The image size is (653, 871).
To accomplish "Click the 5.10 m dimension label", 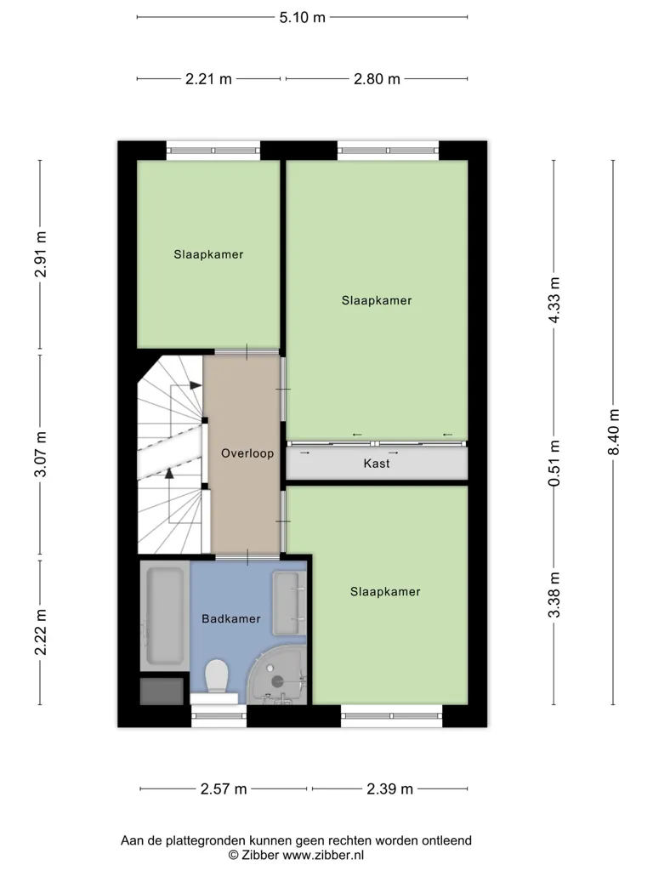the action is [x=302, y=17].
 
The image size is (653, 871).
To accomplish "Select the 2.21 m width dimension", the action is [x=208, y=79].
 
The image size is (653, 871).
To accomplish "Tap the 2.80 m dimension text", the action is [x=377, y=79].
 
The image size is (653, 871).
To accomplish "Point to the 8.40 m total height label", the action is [x=613, y=432].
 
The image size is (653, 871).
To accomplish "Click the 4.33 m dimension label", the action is [x=554, y=300].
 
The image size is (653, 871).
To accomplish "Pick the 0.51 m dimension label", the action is [x=554, y=464].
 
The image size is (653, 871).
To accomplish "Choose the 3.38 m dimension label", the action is [x=554, y=595].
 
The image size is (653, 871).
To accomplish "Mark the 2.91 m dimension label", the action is [x=40, y=254].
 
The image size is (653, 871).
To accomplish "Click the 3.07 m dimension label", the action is [x=40, y=454].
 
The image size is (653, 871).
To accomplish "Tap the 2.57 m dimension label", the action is [x=224, y=788].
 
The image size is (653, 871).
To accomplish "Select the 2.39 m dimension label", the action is [x=389, y=788].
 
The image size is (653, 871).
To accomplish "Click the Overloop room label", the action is [x=247, y=453].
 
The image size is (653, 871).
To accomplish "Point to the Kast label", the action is [x=377, y=464].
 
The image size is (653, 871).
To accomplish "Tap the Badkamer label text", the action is [x=231, y=619].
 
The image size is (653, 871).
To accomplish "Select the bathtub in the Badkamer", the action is [x=165, y=616].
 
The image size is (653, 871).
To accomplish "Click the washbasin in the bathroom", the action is [x=289, y=604].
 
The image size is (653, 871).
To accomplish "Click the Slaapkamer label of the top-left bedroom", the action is [x=208, y=254].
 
